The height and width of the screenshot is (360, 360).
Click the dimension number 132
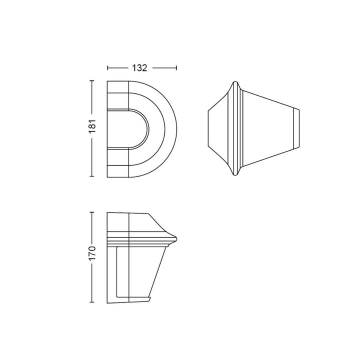coord(139,68)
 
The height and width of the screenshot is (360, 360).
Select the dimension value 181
coord(92,126)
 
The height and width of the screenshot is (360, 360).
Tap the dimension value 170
coord(92,253)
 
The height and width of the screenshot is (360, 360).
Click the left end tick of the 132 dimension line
coord(107,68)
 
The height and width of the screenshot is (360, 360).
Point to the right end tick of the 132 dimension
coord(176,68)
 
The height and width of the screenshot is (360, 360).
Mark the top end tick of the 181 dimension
coord(92,81)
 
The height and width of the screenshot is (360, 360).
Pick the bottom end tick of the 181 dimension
coord(92,176)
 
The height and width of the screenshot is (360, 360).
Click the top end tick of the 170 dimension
coord(92,212)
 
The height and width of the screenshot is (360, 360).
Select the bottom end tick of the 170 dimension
coord(92,302)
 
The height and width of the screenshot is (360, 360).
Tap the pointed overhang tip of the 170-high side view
coord(176,238)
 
